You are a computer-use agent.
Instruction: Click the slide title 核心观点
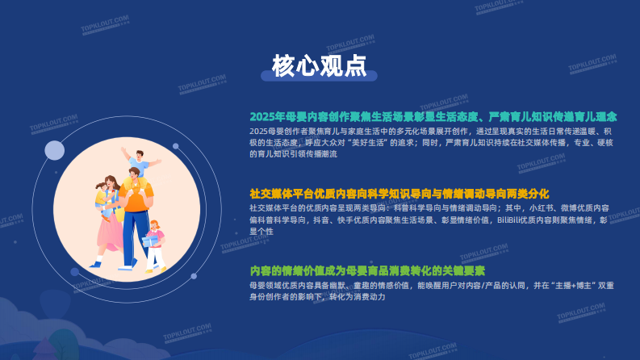(x=320, y=65)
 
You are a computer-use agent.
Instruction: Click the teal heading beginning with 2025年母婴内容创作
(x=433, y=116)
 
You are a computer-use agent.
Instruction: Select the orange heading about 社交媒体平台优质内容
(x=399, y=194)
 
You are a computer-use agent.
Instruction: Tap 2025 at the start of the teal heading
(x=261, y=116)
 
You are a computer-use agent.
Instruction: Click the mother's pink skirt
(x=110, y=234)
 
